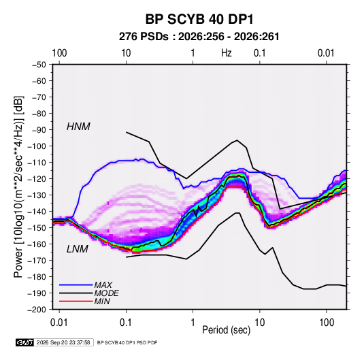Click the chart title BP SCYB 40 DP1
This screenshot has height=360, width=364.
(x=199, y=19)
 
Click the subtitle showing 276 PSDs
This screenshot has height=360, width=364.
(x=199, y=37)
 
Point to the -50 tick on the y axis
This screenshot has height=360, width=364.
(x=39, y=65)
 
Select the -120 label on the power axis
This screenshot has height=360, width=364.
(x=37, y=179)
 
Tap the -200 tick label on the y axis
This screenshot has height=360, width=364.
(x=37, y=310)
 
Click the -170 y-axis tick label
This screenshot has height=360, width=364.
(x=37, y=261)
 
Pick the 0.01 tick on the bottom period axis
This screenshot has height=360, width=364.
(x=59, y=323)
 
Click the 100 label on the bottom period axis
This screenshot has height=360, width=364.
(x=327, y=323)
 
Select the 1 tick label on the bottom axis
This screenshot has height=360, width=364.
(x=193, y=323)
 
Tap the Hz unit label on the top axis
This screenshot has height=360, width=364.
(x=227, y=53)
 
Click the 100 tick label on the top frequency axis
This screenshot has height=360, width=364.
(x=59, y=53)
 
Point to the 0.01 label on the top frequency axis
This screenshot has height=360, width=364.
(x=326, y=53)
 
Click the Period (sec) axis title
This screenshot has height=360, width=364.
(x=227, y=330)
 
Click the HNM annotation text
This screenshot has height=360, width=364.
(x=78, y=127)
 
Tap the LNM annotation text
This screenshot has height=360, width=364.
(x=78, y=249)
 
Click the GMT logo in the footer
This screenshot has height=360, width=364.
(x=24, y=342)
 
